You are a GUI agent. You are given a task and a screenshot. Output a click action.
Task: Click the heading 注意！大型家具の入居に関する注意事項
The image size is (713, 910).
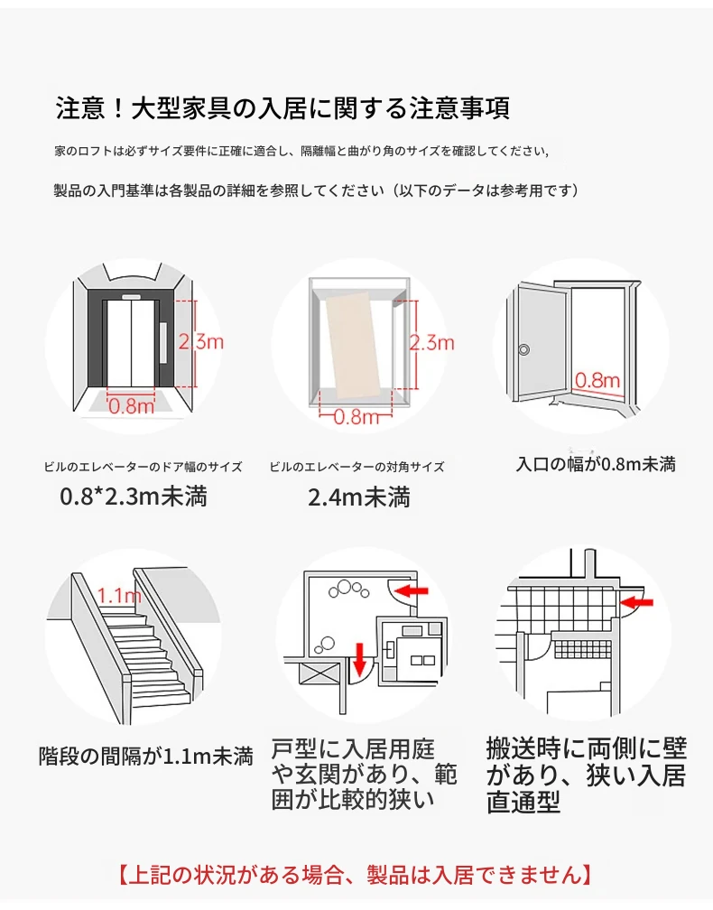[x=282, y=109]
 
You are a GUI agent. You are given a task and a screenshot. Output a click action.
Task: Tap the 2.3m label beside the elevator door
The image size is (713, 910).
[x=200, y=341]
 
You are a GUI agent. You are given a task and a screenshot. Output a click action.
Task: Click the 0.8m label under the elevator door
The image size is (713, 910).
[x=132, y=405]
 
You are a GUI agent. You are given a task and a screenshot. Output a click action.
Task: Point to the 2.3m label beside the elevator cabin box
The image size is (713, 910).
[x=431, y=343]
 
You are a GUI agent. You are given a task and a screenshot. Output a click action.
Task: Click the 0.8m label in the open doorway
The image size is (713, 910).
[x=597, y=380]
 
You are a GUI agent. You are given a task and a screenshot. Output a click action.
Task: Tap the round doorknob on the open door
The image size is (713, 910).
[x=524, y=349]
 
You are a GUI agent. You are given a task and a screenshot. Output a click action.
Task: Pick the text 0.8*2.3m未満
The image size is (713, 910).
[x=134, y=497]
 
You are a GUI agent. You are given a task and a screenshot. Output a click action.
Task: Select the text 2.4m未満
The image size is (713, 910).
[x=358, y=497]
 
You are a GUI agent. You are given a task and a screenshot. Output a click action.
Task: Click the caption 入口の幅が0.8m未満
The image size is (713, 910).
[x=596, y=465]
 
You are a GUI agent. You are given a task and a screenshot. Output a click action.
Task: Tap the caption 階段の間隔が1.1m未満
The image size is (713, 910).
[x=145, y=756]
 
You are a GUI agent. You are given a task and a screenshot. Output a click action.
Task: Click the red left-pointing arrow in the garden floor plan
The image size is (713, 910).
[x=412, y=591]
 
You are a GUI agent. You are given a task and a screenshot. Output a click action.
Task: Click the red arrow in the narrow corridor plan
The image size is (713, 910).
[x=639, y=599]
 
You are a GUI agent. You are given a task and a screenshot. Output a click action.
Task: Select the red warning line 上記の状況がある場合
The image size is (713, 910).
[x=356, y=874]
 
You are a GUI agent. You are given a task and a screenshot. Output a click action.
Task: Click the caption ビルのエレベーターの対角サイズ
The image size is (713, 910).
[x=356, y=467]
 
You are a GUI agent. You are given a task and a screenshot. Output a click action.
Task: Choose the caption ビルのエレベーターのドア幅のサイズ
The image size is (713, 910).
[x=143, y=467]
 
